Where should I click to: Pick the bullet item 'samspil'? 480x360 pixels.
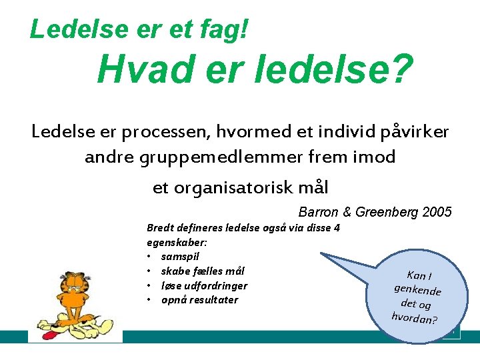[180, 257]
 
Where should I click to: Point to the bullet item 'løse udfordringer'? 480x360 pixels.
[204, 286]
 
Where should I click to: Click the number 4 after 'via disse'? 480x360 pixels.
[337, 228]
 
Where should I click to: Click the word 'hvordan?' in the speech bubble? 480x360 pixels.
[414, 317]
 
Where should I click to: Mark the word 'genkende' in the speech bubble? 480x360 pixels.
[418, 291]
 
